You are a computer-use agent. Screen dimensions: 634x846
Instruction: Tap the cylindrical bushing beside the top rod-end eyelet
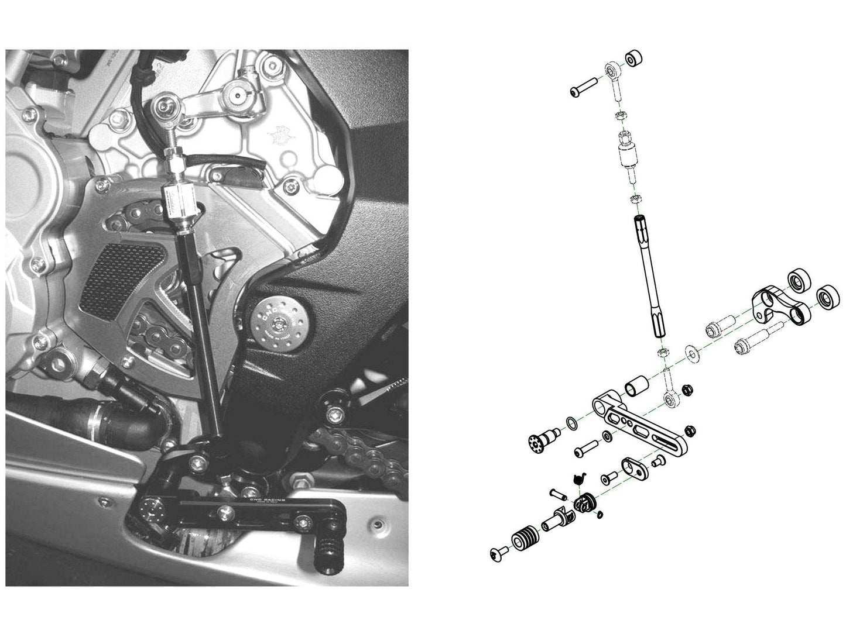pyautogui.click(x=633, y=59)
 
